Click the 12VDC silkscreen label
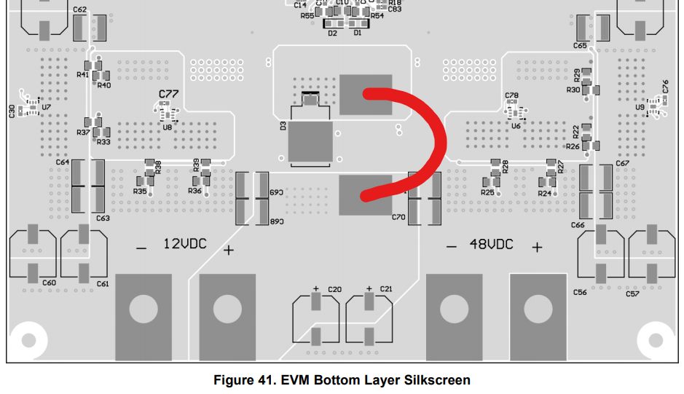coord(184,244)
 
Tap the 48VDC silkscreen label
coord(491,244)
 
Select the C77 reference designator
coord(168,95)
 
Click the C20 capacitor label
coord(334,289)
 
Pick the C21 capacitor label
coord(386,289)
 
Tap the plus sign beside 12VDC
coord(229,250)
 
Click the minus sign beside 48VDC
coord(452,247)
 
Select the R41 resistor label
coord(82,74)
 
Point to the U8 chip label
coord(168,127)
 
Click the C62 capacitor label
coord(80,9)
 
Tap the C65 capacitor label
coord(580,45)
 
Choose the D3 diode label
coord(283,126)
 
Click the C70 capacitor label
coord(398,217)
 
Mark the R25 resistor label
coord(487,193)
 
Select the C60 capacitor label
coord(49,283)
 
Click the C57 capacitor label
coord(632,293)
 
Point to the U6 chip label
coord(516,126)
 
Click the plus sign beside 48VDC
coord(537,247)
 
